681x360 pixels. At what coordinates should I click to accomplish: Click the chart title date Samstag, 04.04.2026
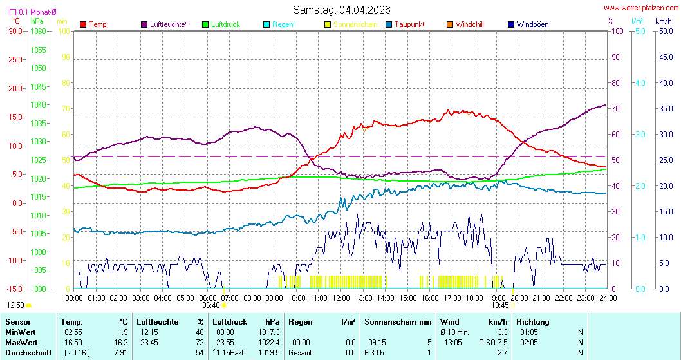click(342, 9)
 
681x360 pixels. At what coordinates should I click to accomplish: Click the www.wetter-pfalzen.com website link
click(641, 8)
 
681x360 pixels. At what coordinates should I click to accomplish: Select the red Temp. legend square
click(83, 24)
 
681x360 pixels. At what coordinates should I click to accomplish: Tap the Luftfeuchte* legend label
click(168, 24)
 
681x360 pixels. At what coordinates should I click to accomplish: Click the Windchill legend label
click(469, 24)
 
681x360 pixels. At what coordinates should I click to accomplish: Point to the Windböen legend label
click(532, 24)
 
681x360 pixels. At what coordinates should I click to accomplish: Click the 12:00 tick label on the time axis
click(340, 298)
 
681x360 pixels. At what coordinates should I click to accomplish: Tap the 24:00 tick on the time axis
click(608, 298)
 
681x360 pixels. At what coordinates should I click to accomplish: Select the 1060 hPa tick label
click(39, 31)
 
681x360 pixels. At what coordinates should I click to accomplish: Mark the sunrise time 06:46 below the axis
click(210, 305)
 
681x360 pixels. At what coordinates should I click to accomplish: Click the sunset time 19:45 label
click(499, 305)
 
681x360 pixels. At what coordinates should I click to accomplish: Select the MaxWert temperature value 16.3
click(121, 342)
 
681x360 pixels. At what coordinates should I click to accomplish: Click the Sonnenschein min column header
click(398, 321)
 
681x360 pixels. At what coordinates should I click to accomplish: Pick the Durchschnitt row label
click(28, 352)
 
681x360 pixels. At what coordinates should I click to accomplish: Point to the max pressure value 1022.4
click(270, 342)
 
